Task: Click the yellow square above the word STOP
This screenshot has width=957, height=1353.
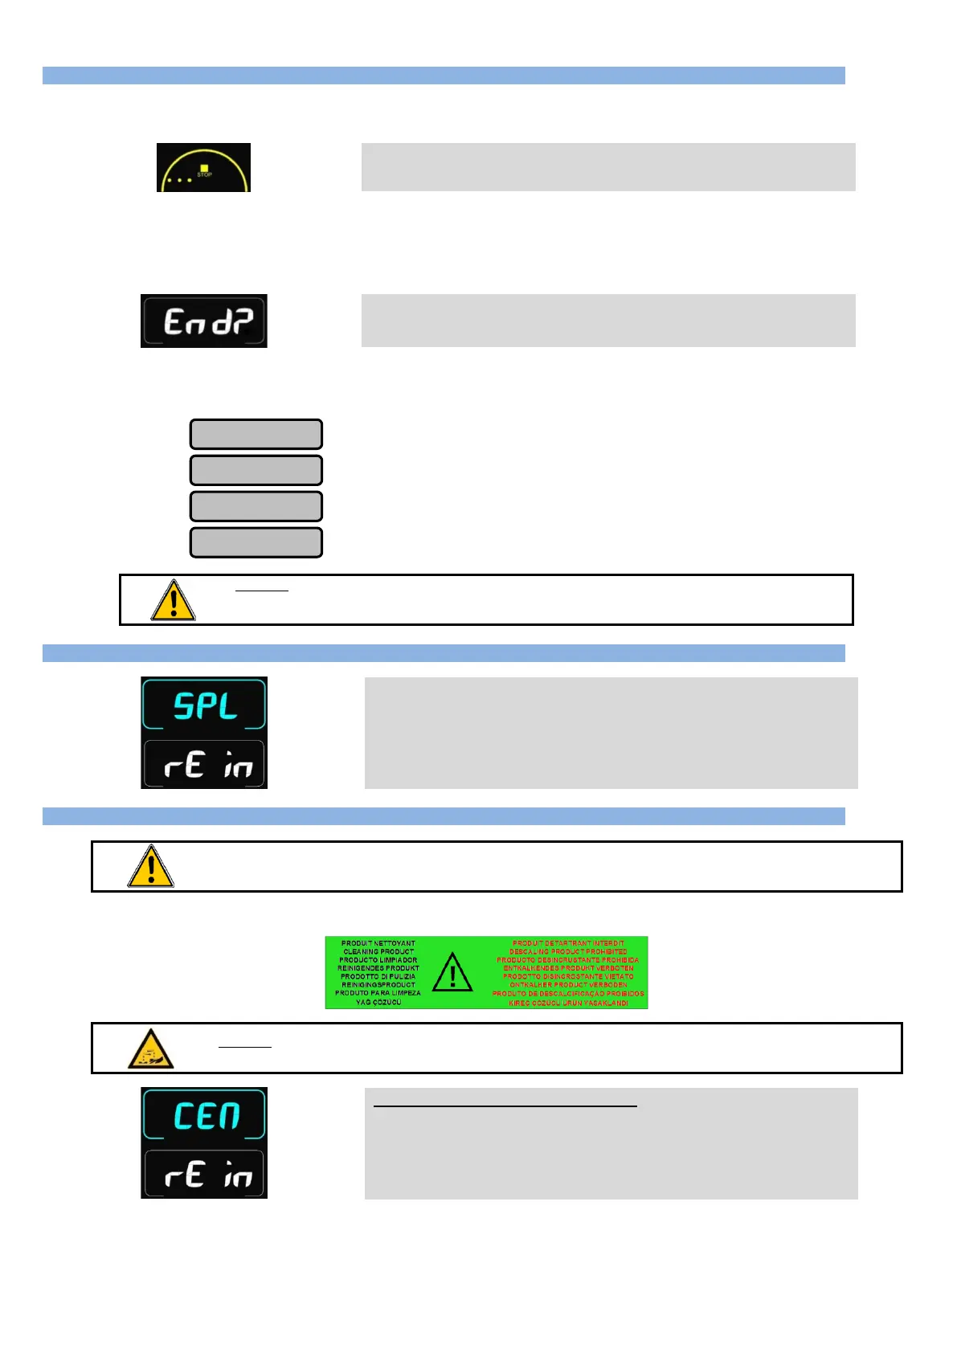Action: [204, 168]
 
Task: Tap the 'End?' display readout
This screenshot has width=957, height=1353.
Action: [207, 321]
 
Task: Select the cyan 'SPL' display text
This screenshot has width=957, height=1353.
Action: [205, 706]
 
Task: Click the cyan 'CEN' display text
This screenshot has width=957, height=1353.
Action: [207, 1116]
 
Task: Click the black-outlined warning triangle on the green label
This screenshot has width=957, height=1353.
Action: [452, 973]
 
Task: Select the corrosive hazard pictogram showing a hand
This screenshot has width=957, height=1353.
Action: [151, 1049]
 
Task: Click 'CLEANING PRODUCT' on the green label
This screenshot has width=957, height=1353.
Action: [378, 952]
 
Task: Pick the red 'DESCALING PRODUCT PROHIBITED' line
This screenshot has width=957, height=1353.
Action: [568, 952]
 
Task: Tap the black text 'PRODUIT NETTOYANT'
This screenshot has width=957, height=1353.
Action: [378, 943]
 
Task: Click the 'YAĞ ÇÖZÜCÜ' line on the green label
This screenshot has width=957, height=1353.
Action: [378, 1003]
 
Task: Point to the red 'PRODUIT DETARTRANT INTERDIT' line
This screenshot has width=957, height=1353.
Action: [568, 943]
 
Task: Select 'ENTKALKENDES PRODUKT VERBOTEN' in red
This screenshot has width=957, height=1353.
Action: [568, 968]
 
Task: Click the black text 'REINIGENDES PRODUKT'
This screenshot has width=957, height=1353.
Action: [378, 968]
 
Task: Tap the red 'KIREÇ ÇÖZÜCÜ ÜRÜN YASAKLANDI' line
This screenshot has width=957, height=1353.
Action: [568, 1003]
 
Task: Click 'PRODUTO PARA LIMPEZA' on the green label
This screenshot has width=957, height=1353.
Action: [378, 994]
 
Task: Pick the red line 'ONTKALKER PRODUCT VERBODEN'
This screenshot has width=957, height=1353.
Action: [568, 985]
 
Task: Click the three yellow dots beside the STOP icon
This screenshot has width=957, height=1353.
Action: [179, 180]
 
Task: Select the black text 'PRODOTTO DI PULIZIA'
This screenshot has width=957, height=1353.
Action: [378, 977]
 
